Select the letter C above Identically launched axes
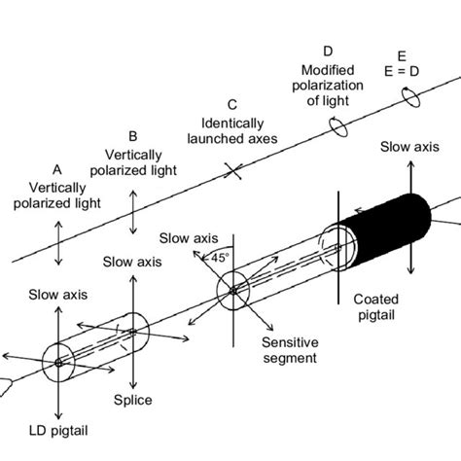[231, 104]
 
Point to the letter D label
[327, 51]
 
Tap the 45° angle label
[219, 258]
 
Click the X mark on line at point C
[231, 172]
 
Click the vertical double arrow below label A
[59, 240]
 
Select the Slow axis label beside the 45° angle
[186, 237]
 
